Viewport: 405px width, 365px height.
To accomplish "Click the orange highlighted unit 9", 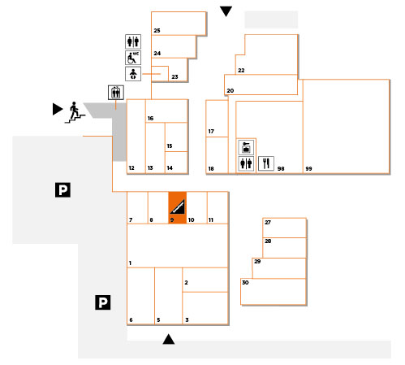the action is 178,207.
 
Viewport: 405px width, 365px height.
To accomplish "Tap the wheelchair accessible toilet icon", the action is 133,58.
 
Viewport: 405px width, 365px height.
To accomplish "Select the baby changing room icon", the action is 133,74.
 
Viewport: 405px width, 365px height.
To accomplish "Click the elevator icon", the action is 116,93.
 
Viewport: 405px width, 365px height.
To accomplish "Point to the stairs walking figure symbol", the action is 75,112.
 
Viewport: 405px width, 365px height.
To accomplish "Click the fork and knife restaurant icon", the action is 266,163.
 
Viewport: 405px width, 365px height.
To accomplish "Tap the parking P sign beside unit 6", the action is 103,302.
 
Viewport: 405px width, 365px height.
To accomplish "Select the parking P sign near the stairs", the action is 62,189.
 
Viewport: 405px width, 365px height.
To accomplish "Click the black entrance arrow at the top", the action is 226,11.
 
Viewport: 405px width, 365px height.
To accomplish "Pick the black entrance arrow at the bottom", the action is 169,339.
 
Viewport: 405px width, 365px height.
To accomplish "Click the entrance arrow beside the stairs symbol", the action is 58,109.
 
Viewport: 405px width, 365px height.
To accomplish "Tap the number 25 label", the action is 157,31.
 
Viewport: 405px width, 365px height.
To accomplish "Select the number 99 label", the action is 308,169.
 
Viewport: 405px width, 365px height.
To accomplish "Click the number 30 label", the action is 245,283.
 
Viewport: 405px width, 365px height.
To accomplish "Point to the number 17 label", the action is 211,132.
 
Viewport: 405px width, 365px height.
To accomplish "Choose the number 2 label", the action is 186,283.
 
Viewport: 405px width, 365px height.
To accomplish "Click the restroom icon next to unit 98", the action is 246,163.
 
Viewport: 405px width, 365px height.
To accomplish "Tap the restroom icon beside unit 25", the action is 133,41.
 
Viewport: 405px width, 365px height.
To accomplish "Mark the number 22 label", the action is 241,71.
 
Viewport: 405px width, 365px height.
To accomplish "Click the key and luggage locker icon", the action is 246,147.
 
